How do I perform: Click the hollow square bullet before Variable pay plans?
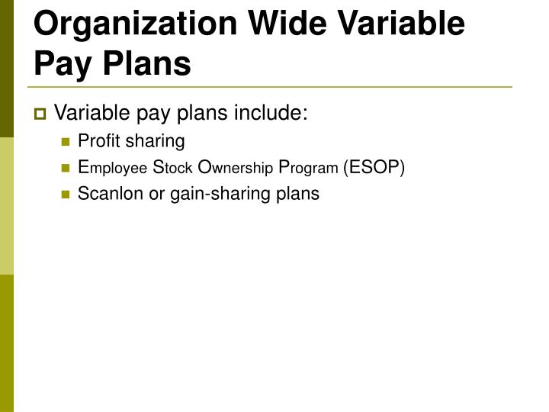click(x=40, y=115)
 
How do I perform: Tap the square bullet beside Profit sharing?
click(x=66, y=142)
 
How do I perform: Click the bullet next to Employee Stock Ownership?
click(x=66, y=168)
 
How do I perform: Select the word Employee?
click(x=112, y=168)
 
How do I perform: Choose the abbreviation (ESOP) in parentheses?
click(x=374, y=168)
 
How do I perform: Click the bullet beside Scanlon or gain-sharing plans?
click(x=66, y=195)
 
